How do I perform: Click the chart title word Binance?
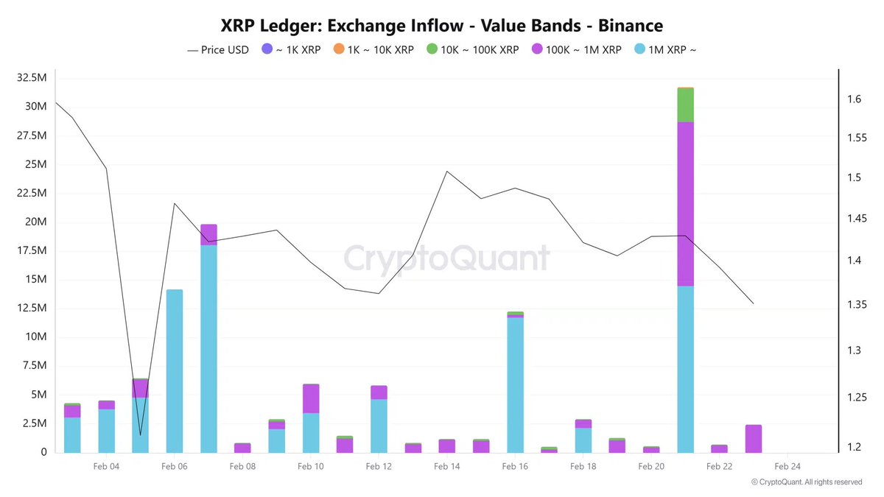630,25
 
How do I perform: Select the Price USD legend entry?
218,50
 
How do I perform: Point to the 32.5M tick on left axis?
31,77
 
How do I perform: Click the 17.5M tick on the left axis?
31,250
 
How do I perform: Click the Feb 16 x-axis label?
515,466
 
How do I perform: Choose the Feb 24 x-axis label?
787,466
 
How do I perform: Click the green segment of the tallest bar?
685,105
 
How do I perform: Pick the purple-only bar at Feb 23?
753,439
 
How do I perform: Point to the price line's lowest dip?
140,434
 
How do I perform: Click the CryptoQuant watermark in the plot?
446,258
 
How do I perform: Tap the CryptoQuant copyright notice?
806,482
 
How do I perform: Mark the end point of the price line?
753,303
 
